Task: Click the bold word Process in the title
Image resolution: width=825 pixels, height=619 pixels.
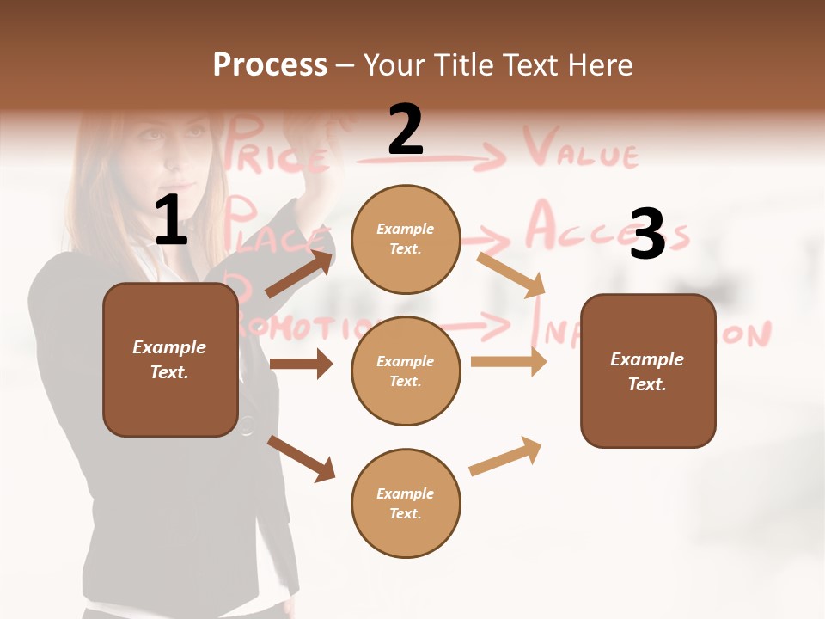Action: (x=270, y=65)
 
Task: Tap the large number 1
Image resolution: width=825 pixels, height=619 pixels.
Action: (x=171, y=221)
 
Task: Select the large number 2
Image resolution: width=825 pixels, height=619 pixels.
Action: (x=406, y=130)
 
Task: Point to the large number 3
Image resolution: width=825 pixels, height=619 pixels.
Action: (x=647, y=234)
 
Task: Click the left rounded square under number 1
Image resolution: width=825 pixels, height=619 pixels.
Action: (x=170, y=359)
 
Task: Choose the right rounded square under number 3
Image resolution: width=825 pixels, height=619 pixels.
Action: (x=648, y=371)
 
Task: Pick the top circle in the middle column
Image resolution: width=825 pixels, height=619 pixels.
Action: (x=406, y=239)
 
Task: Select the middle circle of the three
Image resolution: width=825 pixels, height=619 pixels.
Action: (x=406, y=371)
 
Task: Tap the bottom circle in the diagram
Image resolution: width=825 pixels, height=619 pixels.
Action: (x=406, y=503)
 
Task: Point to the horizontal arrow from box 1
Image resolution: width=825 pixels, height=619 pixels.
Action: (x=300, y=364)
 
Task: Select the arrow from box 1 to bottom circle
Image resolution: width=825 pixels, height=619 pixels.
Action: (x=301, y=458)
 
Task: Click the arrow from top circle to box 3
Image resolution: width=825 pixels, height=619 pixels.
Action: (x=511, y=274)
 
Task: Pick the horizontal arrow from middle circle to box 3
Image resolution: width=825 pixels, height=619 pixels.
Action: (x=508, y=361)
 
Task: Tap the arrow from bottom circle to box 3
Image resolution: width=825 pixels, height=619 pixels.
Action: (x=505, y=457)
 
